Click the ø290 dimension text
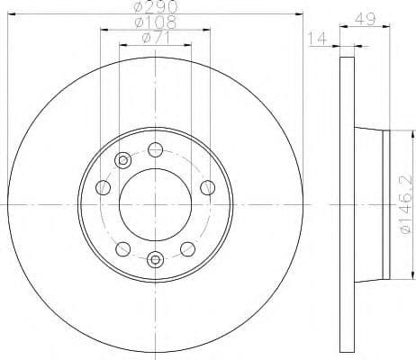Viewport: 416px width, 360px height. pos(156,8)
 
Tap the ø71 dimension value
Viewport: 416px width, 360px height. pos(156,38)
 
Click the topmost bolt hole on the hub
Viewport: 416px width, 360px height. pos(156,149)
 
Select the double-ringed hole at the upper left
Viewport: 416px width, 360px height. pos(122,161)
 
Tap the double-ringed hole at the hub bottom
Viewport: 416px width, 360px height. pos(156,261)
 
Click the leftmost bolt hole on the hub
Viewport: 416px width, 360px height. pos(103,188)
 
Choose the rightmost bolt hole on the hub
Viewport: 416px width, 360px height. pos(208,187)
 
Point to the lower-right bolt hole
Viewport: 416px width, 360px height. pos(188,248)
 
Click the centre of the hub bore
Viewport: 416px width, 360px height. pos(156,204)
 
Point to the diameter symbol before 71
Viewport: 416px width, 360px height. pos(145,38)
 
